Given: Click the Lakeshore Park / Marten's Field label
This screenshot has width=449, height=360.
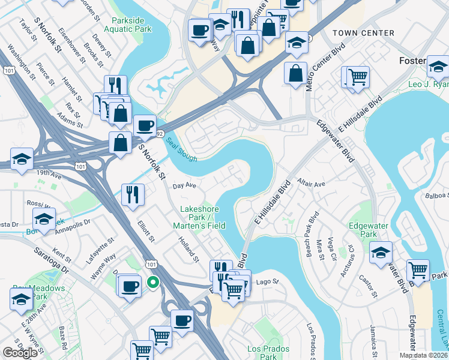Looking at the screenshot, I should [x=199, y=217].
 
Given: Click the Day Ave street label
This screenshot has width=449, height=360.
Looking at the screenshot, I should [x=185, y=186].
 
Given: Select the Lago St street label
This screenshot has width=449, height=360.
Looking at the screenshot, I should [x=267, y=281].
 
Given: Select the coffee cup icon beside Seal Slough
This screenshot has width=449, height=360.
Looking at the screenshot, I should [x=145, y=125].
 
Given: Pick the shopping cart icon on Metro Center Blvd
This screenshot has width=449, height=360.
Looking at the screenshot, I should [x=358, y=76].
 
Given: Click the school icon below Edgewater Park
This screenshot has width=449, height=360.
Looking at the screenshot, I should [x=381, y=252].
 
